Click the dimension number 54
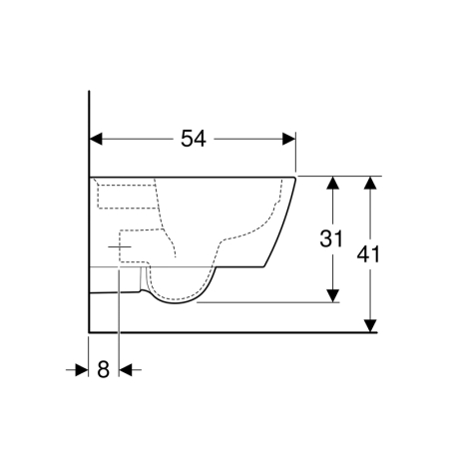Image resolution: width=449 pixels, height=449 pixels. (194, 140)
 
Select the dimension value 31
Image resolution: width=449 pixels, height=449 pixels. (332, 239)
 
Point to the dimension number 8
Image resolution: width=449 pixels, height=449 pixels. (104, 369)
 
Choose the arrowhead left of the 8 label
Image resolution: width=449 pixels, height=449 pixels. (83, 369)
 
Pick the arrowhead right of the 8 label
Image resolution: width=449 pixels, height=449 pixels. (126, 369)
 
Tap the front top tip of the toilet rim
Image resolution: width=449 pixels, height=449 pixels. (296, 179)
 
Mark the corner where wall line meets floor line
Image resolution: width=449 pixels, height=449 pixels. (90, 330)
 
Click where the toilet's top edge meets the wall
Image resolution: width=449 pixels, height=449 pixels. (91, 177)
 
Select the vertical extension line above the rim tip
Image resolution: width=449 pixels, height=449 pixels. (297, 155)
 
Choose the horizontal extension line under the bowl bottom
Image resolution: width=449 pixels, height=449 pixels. (269, 301)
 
